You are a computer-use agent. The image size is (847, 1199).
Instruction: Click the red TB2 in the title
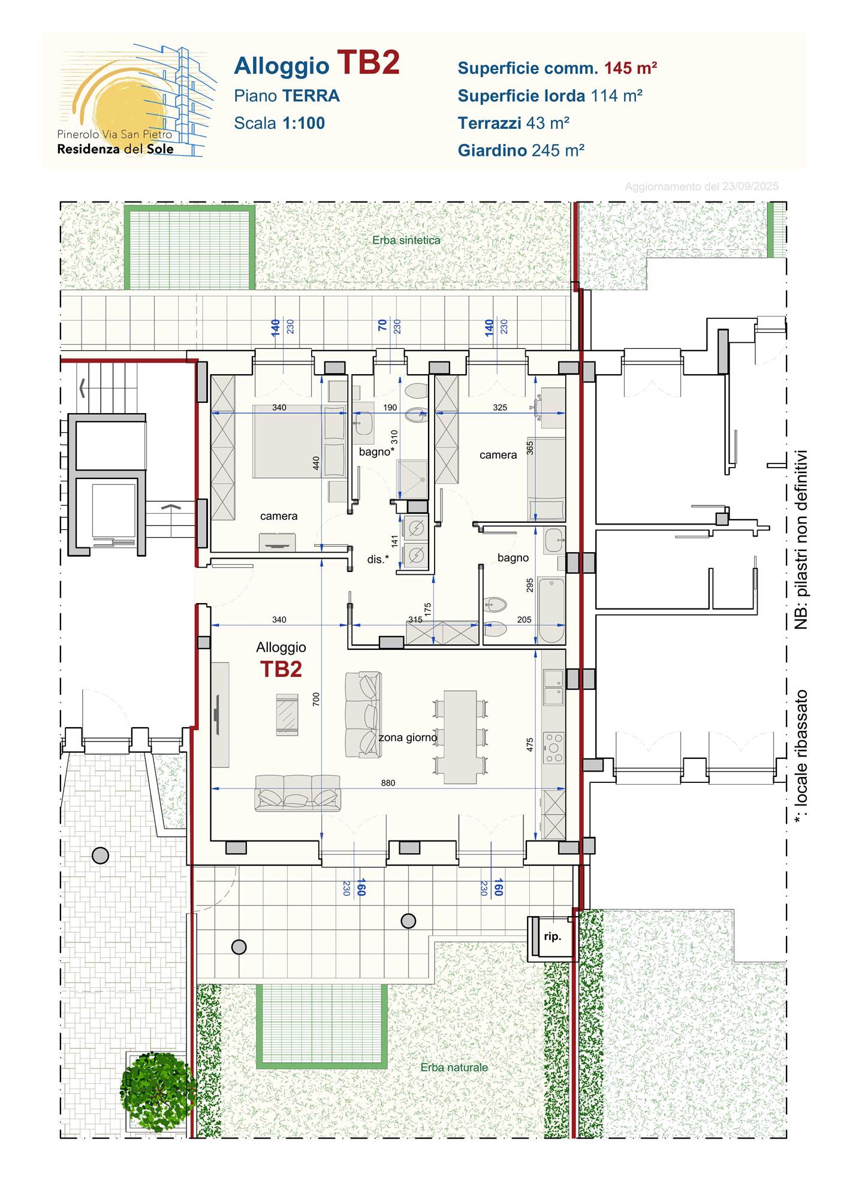(x=368, y=63)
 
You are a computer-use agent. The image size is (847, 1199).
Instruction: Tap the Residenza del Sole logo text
(x=115, y=149)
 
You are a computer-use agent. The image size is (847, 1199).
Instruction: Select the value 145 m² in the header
(x=630, y=68)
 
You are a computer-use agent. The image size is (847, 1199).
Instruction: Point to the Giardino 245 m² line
(x=521, y=150)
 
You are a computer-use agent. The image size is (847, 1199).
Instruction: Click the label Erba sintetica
(x=406, y=240)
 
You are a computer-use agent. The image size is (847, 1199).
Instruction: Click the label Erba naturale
(x=454, y=1067)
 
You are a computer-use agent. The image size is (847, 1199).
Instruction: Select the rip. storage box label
(x=552, y=936)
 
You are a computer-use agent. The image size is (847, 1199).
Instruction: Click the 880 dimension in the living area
(x=388, y=782)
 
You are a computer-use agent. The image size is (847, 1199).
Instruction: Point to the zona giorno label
(x=408, y=737)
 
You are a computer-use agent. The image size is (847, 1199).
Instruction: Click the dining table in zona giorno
(x=460, y=737)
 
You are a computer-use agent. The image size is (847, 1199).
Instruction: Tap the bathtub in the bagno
(x=551, y=610)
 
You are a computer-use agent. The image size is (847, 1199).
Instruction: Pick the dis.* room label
(x=378, y=559)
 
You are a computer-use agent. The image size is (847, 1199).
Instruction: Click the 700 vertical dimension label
(x=317, y=699)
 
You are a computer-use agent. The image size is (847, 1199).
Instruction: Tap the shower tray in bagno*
(x=412, y=480)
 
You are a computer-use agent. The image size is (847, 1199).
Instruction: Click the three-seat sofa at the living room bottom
(x=298, y=793)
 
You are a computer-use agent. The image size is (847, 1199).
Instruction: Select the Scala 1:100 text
(x=279, y=123)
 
